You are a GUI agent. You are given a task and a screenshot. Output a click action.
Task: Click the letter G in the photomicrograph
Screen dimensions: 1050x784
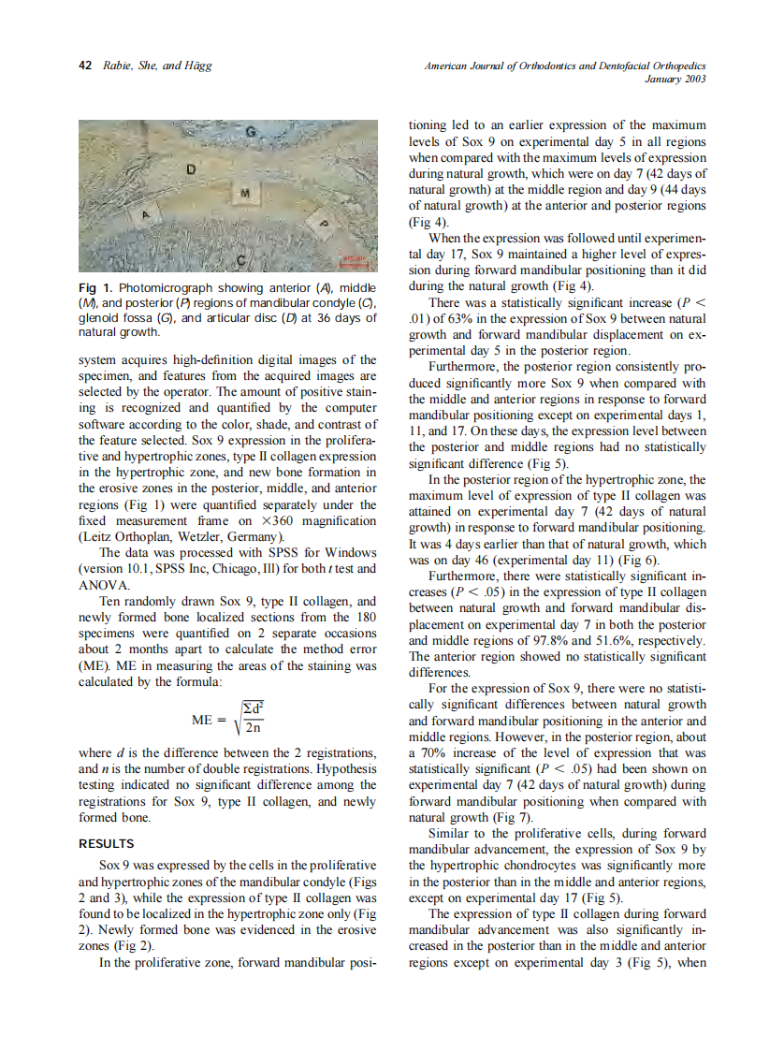coord(250,133)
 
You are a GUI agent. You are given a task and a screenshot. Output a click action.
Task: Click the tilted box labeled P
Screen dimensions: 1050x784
coord(325,224)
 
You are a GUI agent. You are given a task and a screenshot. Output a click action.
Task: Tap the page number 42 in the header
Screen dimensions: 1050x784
coord(84,66)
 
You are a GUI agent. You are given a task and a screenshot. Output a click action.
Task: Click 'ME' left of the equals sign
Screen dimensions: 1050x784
coord(203,720)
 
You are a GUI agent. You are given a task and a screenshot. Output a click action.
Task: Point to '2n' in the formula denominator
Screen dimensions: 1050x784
coord(254,731)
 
